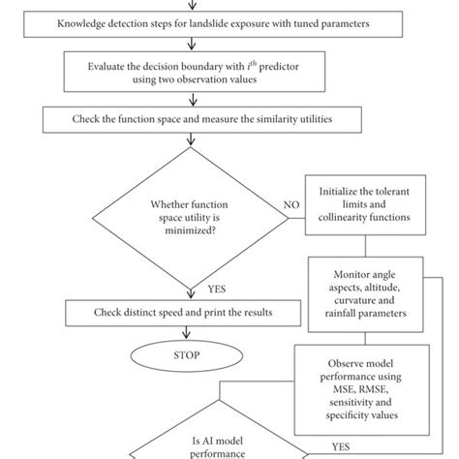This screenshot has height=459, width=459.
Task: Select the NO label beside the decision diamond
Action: tap(291, 205)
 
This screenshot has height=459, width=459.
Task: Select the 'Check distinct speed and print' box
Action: tap(168, 314)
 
